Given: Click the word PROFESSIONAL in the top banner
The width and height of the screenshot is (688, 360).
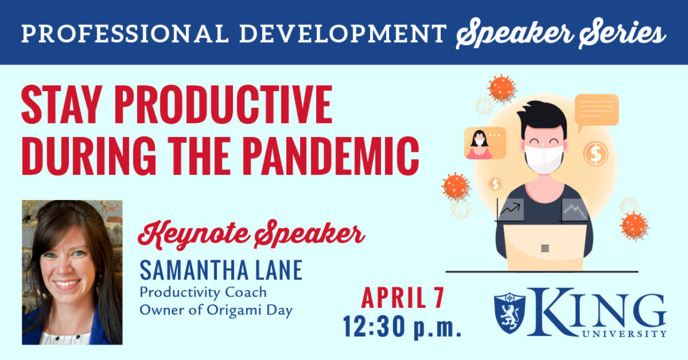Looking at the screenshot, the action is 125,33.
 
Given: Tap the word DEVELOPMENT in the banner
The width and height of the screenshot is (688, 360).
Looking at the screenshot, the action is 343,33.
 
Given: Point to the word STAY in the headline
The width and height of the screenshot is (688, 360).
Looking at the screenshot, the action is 62,105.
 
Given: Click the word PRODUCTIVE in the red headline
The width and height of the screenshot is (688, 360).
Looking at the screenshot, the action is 223,105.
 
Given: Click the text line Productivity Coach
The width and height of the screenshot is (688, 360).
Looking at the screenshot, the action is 203,292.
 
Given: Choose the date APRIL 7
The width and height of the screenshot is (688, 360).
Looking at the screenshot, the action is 403,298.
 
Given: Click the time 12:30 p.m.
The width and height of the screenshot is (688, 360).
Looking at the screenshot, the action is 402,327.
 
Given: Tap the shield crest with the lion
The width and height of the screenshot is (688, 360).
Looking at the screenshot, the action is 509,313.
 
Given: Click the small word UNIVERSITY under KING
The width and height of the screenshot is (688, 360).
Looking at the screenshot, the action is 624,334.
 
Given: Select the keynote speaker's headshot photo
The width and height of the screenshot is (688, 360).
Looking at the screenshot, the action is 73,272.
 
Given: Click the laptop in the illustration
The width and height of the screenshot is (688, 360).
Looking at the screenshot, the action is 545,247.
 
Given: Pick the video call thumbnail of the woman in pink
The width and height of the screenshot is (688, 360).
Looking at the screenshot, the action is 485,143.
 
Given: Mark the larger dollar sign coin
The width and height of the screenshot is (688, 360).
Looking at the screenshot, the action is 596,154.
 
